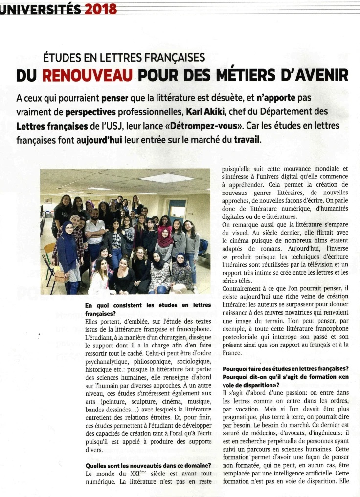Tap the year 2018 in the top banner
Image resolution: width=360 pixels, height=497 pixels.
[x=100, y=9]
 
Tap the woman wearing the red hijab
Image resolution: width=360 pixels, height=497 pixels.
[x=164, y=238]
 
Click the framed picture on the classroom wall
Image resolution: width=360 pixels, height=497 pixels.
[x=48, y=200]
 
